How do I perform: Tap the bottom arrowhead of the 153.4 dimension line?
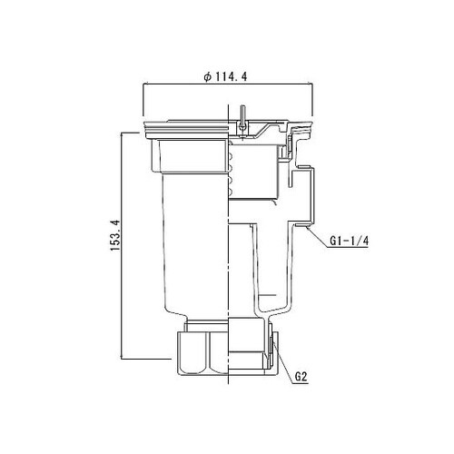[122, 353]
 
